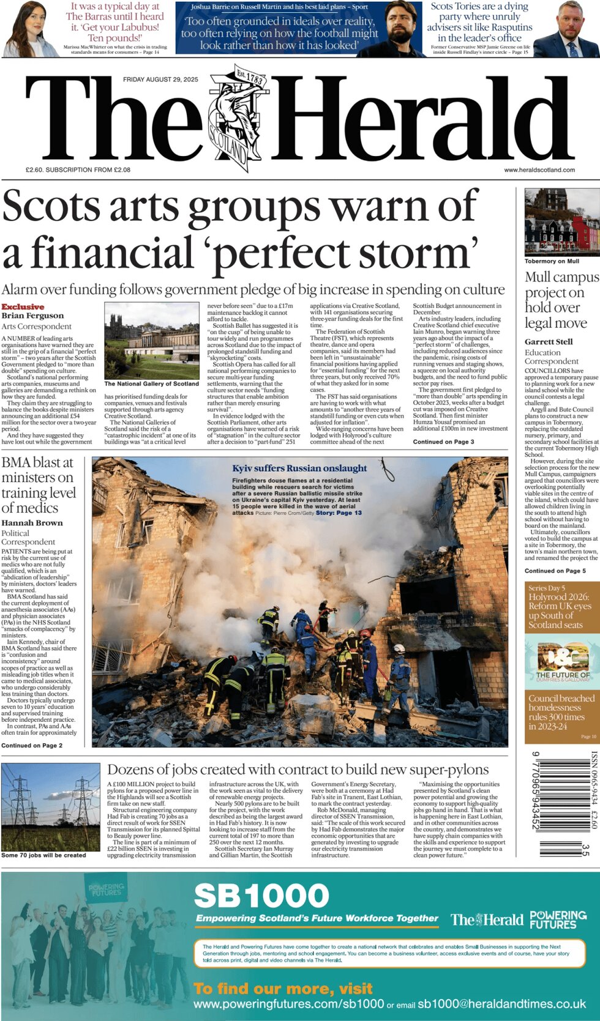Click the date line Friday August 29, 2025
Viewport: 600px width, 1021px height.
(160, 80)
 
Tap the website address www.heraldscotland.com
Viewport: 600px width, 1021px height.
(539, 170)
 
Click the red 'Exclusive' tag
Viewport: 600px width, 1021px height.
(23, 306)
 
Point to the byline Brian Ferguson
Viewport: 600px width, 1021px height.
(32, 316)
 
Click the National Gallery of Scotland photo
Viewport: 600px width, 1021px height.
(151, 341)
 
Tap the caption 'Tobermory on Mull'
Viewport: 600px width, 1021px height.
(552, 261)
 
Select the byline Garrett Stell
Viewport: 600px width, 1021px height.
(549, 341)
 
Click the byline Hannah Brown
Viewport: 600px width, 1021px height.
(32, 523)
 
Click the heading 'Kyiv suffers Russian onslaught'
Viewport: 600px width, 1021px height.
(299, 468)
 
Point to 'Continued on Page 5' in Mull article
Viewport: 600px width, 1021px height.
(555, 571)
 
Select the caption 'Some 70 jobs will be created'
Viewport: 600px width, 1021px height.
(43, 855)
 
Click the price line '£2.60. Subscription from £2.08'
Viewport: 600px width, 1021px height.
(78, 170)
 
